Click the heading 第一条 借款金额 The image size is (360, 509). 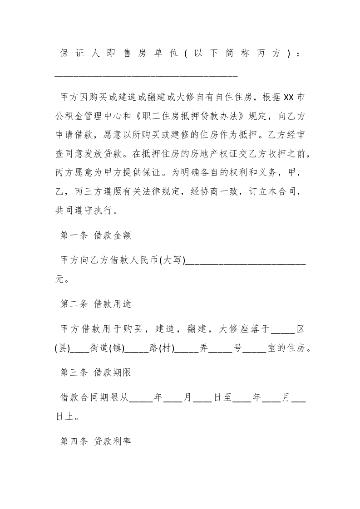click(96, 235)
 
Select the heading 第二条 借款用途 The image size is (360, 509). click(96, 304)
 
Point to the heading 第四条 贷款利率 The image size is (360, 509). click(96, 441)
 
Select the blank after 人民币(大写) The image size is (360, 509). click(246, 262)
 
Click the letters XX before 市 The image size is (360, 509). click(289, 98)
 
